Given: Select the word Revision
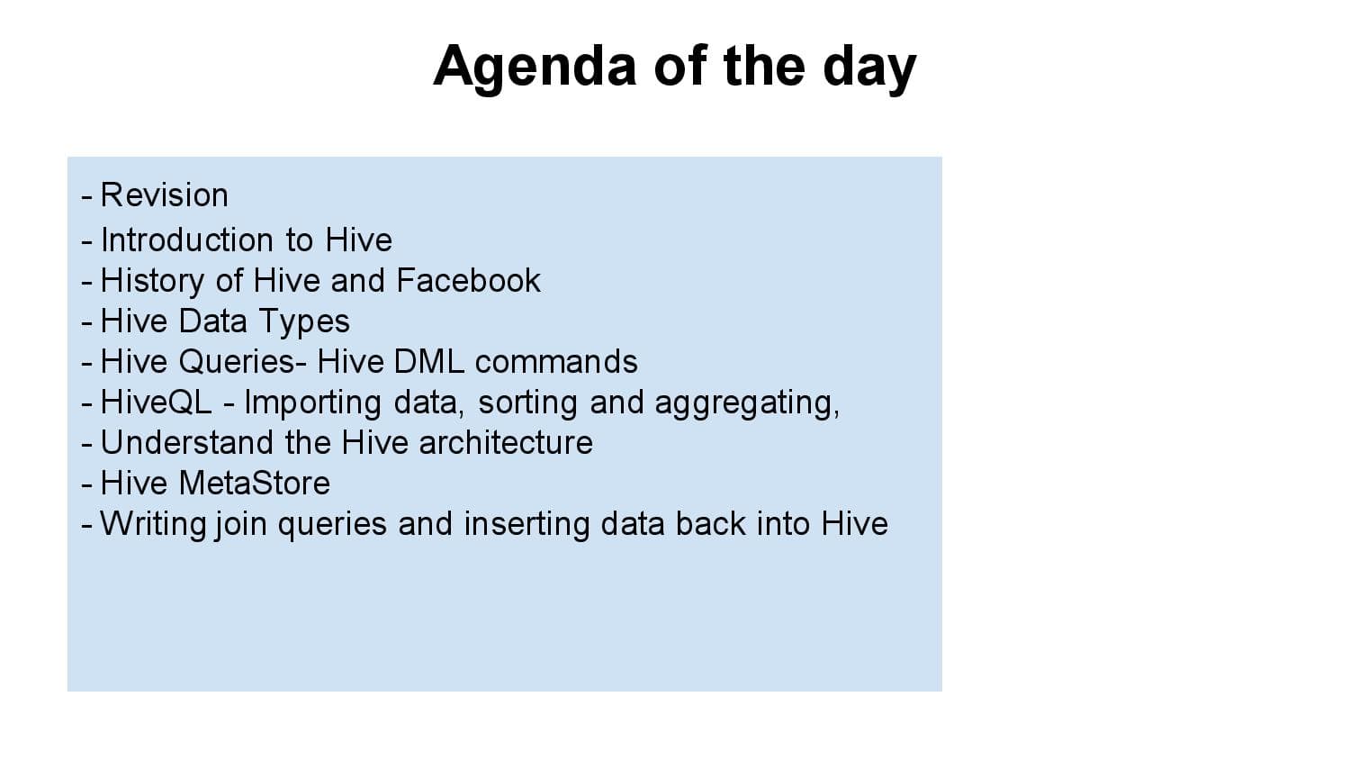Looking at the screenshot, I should pyautogui.click(x=164, y=195).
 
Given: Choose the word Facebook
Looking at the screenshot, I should pyautogui.click(x=468, y=281).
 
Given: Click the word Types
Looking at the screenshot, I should pyautogui.click(x=304, y=321).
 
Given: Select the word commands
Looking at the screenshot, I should pyautogui.click(x=556, y=362).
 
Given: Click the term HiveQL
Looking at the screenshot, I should pyautogui.click(x=156, y=403).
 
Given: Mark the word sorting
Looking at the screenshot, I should pyautogui.click(x=528, y=403).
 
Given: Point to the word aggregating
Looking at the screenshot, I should pyautogui.click(x=746, y=403).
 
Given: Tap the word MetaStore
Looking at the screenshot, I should pyautogui.click(x=254, y=484).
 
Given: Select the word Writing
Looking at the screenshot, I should pyautogui.click(x=153, y=524).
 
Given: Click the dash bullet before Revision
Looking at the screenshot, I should pyautogui.click(x=86, y=196).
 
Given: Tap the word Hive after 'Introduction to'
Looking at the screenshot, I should pyautogui.click(x=358, y=240).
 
